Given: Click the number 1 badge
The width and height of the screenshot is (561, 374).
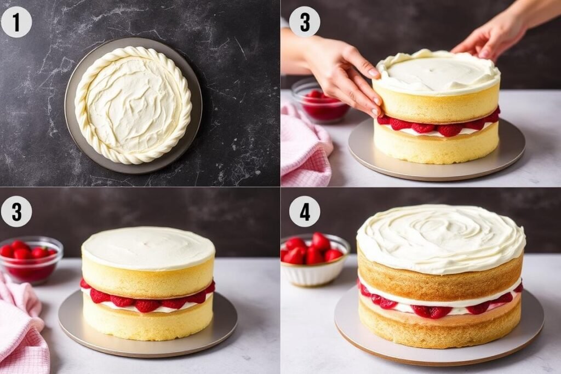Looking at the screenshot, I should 16,22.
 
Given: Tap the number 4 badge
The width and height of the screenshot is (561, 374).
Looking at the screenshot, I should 305,211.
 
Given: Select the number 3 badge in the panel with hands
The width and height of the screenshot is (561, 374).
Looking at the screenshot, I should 305,22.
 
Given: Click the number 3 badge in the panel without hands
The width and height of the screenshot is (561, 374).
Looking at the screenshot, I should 16,211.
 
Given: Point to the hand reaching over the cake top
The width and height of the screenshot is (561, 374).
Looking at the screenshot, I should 493,36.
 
